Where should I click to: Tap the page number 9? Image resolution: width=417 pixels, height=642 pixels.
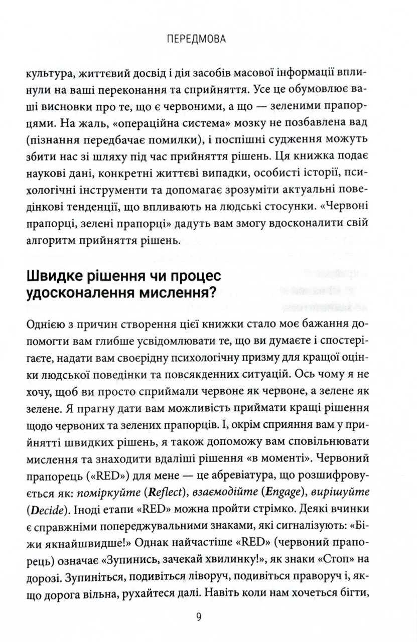point(199,617)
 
